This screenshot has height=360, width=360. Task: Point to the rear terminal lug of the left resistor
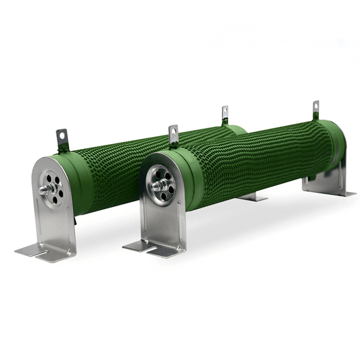[225, 113]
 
